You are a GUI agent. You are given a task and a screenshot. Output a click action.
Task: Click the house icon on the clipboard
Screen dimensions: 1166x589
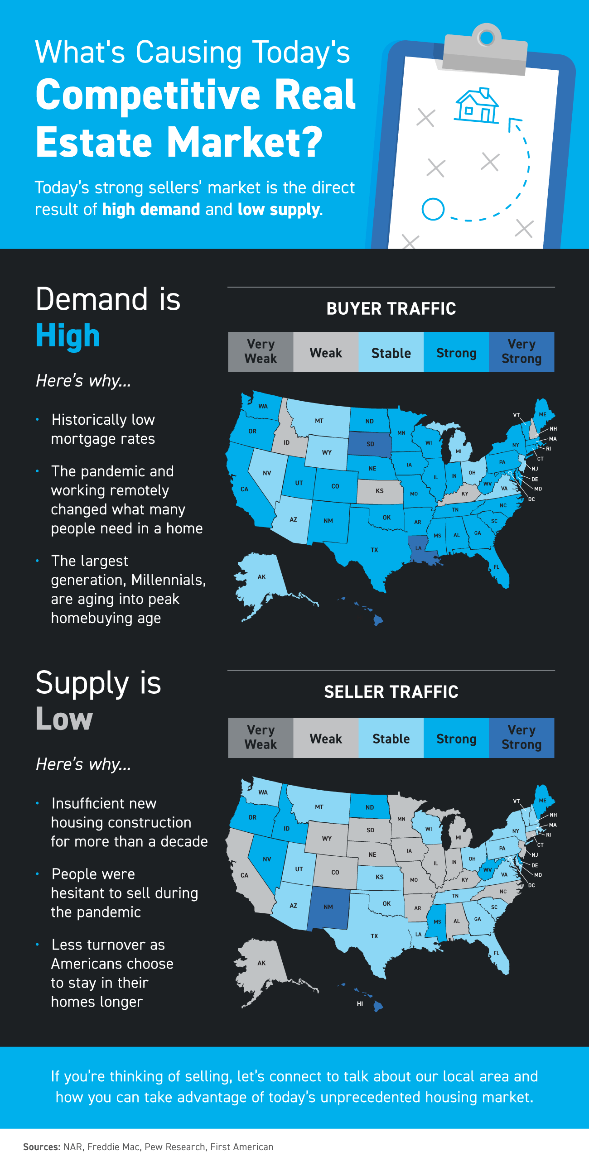pyautogui.click(x=476, y=106)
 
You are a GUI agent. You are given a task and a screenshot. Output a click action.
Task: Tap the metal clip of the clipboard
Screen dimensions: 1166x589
pyautogui.click(x=485, y=52)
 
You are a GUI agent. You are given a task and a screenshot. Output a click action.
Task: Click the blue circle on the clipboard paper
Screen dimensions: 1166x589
pyautogui.click(x=433, y=209)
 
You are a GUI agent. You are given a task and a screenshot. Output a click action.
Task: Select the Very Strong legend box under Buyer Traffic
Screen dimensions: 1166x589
pyautogui.click(x=521, y=352)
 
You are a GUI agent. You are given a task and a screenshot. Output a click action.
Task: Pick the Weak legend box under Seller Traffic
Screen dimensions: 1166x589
pyautogui.click(x=326, y=738)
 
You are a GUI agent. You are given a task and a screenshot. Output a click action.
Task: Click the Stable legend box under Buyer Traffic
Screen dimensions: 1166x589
pyautogui.click(x=391, y=352)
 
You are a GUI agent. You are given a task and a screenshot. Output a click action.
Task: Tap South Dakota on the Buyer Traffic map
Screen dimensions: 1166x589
pyautogui.click(x=370, y=444)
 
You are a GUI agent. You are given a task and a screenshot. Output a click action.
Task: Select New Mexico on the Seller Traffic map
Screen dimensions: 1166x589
pyautogui.click(x=328, y=907)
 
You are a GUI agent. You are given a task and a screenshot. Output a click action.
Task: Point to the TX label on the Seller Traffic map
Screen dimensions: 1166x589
pyautogui.click(x=374, y=936)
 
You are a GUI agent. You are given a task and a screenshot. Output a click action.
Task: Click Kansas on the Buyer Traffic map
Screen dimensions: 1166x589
pyautogui.click(x=380, y=491)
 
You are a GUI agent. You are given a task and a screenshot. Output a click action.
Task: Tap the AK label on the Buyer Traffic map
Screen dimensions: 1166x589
pyautogui.click(x=261, y=577)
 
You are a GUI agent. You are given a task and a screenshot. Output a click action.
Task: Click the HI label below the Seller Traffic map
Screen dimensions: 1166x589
pyautogui.click(x=360, y=1004)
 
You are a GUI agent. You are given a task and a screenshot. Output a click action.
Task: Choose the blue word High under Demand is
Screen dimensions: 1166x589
pyautogui.click(x=68, y=336)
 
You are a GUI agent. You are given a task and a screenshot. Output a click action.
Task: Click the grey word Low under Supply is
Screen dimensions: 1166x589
pyautogui.click(x=64, y=719)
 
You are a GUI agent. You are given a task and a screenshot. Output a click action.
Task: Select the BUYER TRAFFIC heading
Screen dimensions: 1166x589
pyautogui.click(x=391, y=308)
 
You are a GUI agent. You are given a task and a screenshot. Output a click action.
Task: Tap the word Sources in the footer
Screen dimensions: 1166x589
pyautogui.click(x=41, y=1147)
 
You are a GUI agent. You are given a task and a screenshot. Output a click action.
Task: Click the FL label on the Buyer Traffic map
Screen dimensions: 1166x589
pyautogui.click(x=497, y=567)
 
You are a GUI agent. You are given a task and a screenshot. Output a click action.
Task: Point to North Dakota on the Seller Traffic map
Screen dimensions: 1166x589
pyautogui.click(x=370, y=807)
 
